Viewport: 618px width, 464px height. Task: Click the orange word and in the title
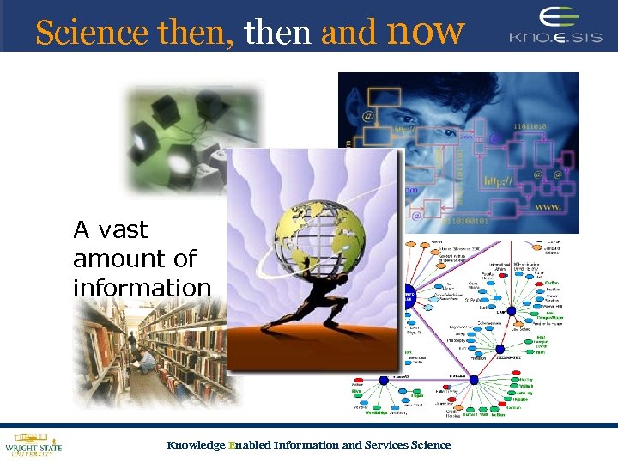pos(348,33)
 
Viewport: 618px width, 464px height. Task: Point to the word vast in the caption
pos(124,230)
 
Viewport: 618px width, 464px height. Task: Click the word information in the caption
pos(142,287)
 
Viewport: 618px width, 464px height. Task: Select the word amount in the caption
pos(134,259)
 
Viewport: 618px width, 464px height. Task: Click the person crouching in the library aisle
pos(148,358)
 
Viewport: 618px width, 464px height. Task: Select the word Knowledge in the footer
pos(195,445)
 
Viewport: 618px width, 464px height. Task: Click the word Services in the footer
pos(386,445)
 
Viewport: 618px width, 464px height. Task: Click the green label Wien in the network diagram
pos(539,351)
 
